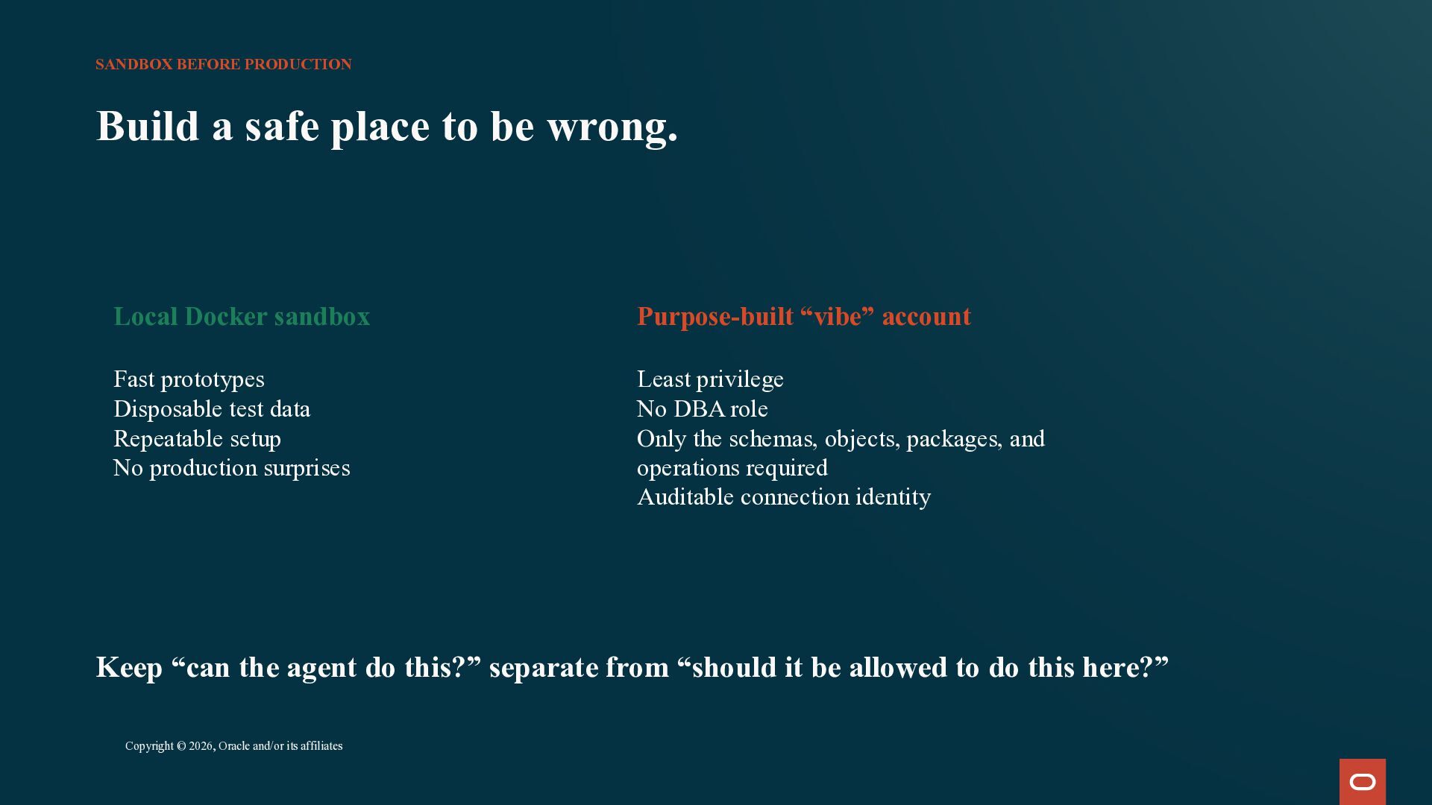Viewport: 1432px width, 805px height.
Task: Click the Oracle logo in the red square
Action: tap(1363, 782)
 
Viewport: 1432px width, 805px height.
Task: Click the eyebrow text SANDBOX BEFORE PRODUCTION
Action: tap(224, 65)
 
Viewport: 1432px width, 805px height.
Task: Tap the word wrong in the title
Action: tap(612, 126)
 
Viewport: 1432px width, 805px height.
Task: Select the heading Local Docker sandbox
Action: tap(242, 317)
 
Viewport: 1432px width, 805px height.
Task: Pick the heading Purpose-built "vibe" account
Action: tap(804, 317)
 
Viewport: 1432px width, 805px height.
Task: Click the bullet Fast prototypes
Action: tap(189, 379)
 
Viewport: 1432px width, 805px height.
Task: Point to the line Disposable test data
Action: tap(212, 409)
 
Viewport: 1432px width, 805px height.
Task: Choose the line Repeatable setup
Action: tap(197, 439)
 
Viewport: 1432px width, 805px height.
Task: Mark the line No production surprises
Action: tap(231, 468)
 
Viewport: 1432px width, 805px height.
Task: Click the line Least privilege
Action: tap(710, 379)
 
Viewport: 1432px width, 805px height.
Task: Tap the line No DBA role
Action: tap(703, 409)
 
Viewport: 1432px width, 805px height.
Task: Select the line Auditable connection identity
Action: tap(784, 497)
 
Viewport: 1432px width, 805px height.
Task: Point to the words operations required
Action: tap(732, 468)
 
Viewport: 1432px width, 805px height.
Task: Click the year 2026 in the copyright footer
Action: tap(201, 746)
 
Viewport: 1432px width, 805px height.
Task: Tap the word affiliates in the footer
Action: tap(321, 746)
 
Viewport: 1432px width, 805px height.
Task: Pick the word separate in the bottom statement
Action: tap(542, 668)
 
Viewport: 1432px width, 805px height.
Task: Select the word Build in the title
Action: tap(148, 126)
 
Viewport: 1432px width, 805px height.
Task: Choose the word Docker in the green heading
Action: tap(226, 317)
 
